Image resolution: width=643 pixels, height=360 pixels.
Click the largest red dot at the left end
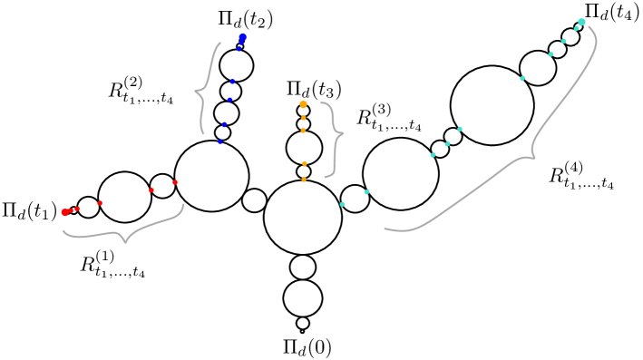[x=64, y=212]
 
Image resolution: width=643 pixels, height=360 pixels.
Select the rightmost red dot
[x=175, y=182]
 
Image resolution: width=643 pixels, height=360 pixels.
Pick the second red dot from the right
[x=151, y=190]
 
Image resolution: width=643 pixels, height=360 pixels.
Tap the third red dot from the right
[x=100, y=203]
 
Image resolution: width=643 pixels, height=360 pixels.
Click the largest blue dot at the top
[x=243, y=36]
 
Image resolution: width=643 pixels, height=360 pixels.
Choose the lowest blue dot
[x=219, y=141]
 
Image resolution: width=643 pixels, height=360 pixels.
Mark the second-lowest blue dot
[x=224, y=124]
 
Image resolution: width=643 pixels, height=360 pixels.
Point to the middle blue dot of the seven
[x=232, y=82]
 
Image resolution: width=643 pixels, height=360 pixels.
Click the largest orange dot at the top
[x=303, y=104]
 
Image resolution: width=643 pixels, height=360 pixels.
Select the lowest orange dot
[x=304, y=180]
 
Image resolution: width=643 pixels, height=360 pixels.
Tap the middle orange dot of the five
[x=303, y=131]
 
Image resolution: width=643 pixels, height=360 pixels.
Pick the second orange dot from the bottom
[x=304, y=164]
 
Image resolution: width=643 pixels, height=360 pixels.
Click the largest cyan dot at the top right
[x=581, y=22]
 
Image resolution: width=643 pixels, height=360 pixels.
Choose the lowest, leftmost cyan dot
[x=342, y=204]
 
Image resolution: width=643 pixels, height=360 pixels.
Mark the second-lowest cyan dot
[x=366, y=191]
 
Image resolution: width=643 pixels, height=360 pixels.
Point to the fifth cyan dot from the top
[x=522, y=78]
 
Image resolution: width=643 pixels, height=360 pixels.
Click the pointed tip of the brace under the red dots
[x=125, y=242]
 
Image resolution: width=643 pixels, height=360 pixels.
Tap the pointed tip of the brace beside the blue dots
[x=195, y=91]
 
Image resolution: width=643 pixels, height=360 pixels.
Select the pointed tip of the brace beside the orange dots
[x=344, y=135]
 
